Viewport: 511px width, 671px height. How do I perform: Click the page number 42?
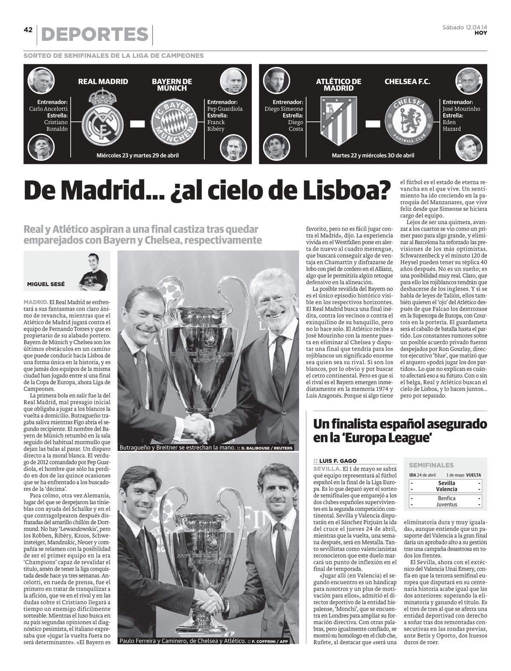pyautogui.click(x=28, y=30)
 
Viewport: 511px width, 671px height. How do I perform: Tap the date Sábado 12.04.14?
pyautogui.click(x=465, y=28)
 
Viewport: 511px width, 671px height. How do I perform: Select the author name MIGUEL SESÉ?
pyautogui.click(x=46, y=284)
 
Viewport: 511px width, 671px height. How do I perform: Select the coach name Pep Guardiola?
pyautogui.click(x=225, y=109)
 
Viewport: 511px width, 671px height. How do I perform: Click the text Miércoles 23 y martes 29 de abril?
pyautogui.click(x=138, y=156)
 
